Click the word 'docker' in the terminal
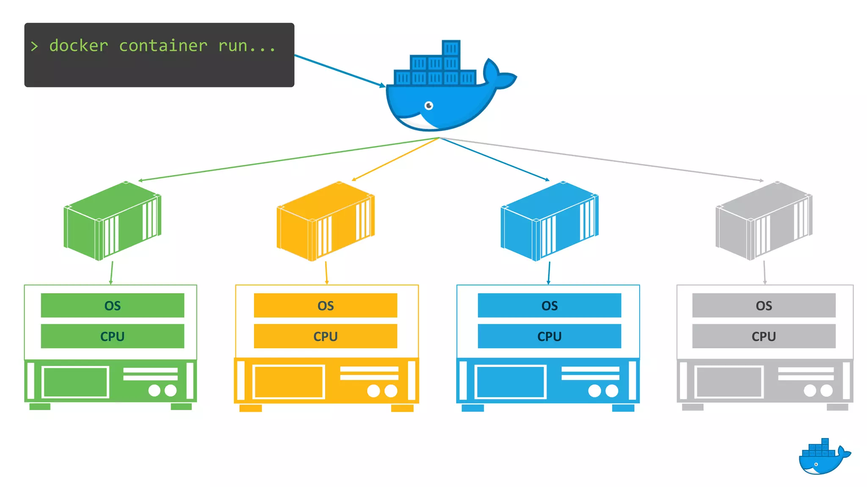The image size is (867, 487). point(79,46)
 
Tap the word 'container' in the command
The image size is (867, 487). point(163,46)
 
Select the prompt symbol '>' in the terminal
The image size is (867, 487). point(34,46)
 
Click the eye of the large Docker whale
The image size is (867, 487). point(429,105)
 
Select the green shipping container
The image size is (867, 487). point(112,221)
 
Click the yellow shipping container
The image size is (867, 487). point(325,221)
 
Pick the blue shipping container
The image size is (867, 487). point(549,221)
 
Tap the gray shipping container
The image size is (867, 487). point(764,221)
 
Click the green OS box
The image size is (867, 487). point(113,305)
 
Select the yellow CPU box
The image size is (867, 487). point(325,337)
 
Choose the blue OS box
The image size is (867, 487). point(549,305)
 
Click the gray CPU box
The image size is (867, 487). point(764,337)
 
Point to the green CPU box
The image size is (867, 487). point(113,337)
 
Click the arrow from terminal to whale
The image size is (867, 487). point(339,70)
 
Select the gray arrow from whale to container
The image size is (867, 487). point(601,159)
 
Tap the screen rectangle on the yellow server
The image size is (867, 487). point(289,382)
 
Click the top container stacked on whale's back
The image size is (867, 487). point(451,48)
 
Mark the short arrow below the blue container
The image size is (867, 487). point(549,273)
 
